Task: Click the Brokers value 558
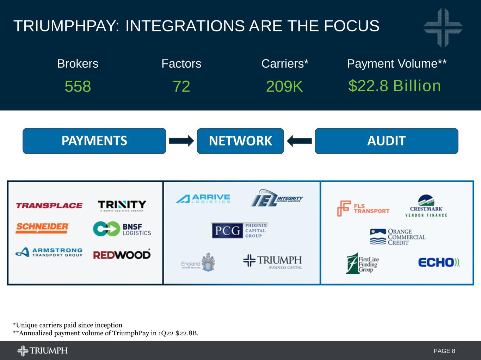point(78,86)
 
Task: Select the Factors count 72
point(181,86)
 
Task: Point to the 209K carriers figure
point(284,86)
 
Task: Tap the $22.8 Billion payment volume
point(395,86)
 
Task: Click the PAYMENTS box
point(94,141)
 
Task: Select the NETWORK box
point(240,141)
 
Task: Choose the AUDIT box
point(386,141)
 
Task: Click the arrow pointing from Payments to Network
point(181,141)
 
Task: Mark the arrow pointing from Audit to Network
point(299,141)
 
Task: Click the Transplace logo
point(49,205)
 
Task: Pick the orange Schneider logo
point(42,228)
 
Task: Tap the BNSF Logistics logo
point(122,229)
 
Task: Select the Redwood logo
point(122,254)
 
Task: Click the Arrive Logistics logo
point(203,199)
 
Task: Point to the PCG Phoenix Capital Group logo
point(240,230)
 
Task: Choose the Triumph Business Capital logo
point(272,262)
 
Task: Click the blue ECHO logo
point(439,262)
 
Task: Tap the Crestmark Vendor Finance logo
point(426,206)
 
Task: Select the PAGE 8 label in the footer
point(444,351)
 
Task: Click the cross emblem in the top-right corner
point(443,27)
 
